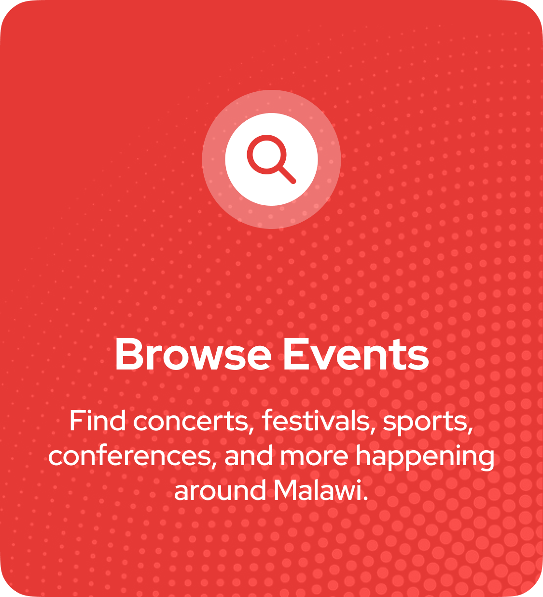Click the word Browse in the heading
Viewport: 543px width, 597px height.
[193, 354]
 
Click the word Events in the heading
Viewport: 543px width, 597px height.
[356, 354]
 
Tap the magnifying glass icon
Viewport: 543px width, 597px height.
[271, 159]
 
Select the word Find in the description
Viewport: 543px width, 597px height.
[97, 421]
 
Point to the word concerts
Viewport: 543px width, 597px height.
[191, 422]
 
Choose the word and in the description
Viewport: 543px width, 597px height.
[249, 455]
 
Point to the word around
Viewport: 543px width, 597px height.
[220, 490]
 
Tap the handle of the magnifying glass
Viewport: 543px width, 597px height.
[287, 175]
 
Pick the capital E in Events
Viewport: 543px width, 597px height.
[294, 354]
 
